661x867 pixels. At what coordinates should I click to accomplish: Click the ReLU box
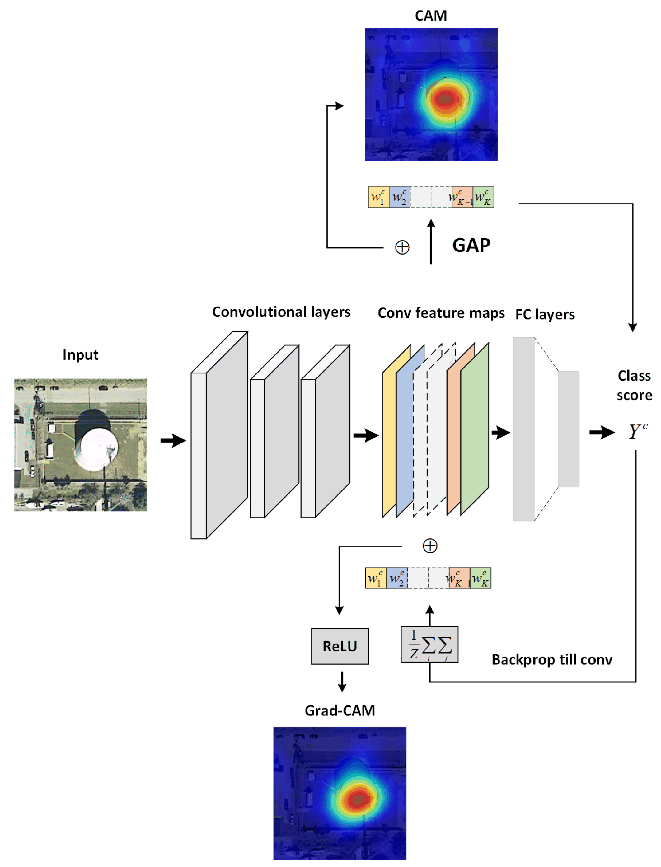click(x=340, y=646)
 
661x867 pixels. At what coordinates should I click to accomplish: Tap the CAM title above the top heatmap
click(x=430, y=16)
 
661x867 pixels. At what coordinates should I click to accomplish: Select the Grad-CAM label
click(x=340, y=710)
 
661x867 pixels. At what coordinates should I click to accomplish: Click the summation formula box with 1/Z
click(x=429, y=644)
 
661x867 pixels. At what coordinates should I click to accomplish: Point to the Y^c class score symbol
click(x=637, y=432)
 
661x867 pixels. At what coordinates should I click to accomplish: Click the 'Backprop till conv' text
click(x=552, y=660)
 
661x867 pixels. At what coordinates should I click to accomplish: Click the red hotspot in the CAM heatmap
click(x=445, y=98)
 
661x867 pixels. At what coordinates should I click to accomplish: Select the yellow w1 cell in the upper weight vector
click(x=378, y=197)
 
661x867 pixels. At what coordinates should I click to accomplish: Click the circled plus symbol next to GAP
click(x=402, y=247)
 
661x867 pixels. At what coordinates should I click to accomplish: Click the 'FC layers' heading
click(x=545, y=314)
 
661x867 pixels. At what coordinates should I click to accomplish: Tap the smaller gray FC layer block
click(x=568, y=429)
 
